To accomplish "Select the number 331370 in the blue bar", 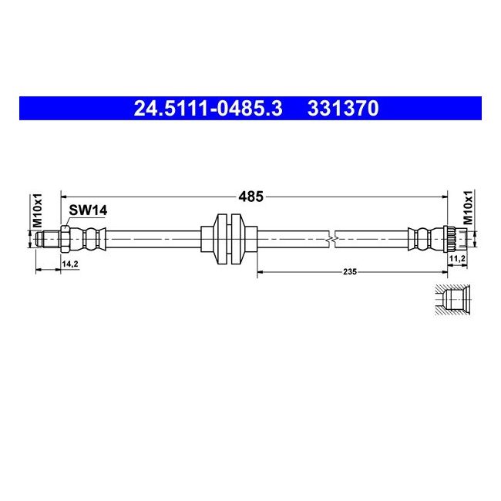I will pos(343,109).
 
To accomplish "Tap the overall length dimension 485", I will pos(250,197).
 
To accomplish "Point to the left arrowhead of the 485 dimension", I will pos(65,197).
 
